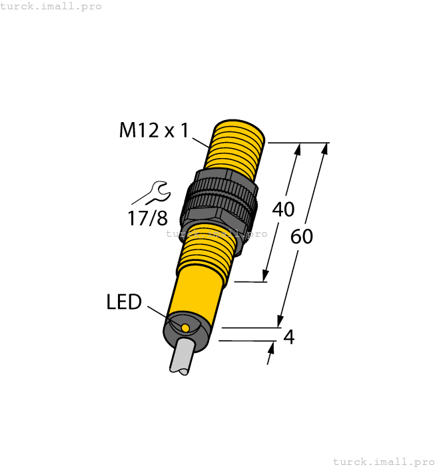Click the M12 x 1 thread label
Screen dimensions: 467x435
coord(155,130)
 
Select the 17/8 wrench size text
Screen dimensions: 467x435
coord(147,217)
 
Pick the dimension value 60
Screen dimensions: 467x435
coord(302,237)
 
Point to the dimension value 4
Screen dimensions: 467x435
coord(288,337)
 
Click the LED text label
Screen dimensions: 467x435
coord(124,302)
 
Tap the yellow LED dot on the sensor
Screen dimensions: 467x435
coord(185,328)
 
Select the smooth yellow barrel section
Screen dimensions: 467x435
coord(197,290)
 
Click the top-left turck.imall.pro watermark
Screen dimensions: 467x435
coord(51,6)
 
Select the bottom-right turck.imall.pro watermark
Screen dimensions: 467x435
coord(383,461)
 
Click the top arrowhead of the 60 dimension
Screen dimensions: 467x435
coord(324,150)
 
